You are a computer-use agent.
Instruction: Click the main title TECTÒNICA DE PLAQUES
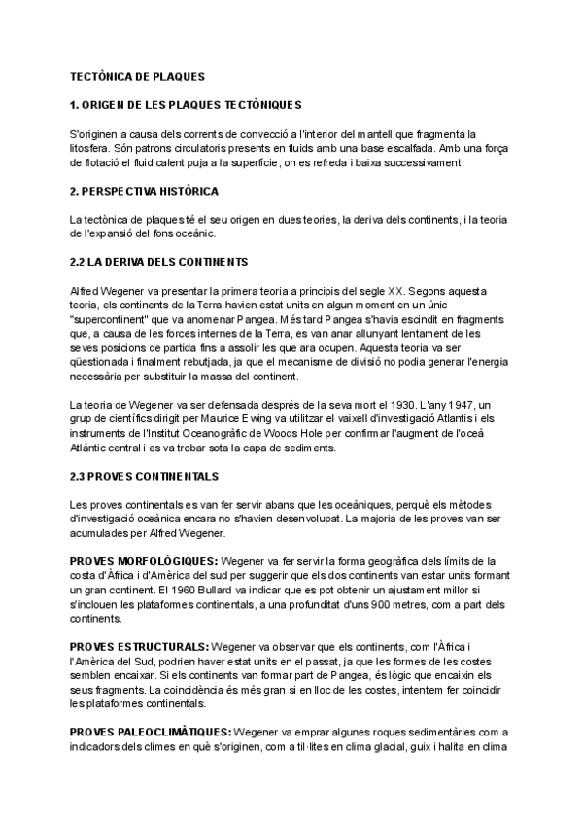coord(137,75)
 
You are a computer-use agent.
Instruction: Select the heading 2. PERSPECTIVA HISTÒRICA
coord(144,191)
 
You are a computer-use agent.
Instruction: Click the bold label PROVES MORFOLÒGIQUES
coord(145,561)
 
